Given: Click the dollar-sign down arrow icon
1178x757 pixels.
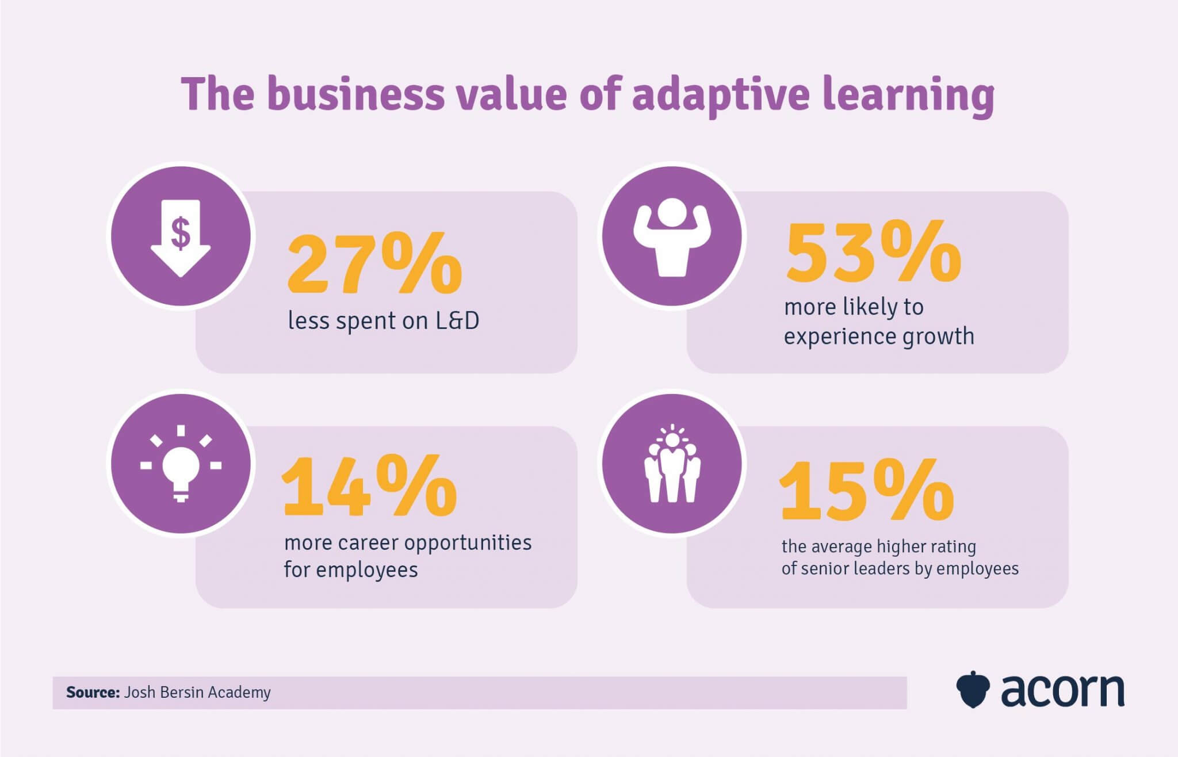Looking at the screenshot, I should pos(181,237).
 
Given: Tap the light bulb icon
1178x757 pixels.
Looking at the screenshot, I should pos(181,465).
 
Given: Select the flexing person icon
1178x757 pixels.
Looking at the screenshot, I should pos(672,237).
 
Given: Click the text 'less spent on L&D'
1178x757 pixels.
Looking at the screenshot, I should pos(383,321).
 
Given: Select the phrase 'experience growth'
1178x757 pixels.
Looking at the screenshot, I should pos(879,337).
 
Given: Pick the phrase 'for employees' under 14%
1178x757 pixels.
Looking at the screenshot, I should pos(351,570).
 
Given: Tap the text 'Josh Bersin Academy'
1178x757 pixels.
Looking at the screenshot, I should pos(197,692).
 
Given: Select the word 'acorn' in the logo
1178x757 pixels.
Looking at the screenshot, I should pos(1063,690).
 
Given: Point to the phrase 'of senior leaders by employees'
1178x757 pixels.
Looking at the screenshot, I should pos(900,569).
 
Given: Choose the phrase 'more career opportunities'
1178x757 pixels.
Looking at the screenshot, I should pos(408,542).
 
